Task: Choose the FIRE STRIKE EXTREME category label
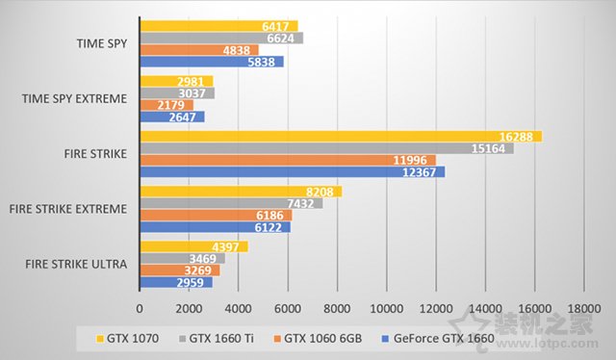pos(67,209)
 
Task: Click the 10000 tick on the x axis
pos(386,308)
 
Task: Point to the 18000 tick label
pos(583,308)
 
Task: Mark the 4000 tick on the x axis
pos(239,308)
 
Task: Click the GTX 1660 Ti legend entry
pos(221,339)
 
